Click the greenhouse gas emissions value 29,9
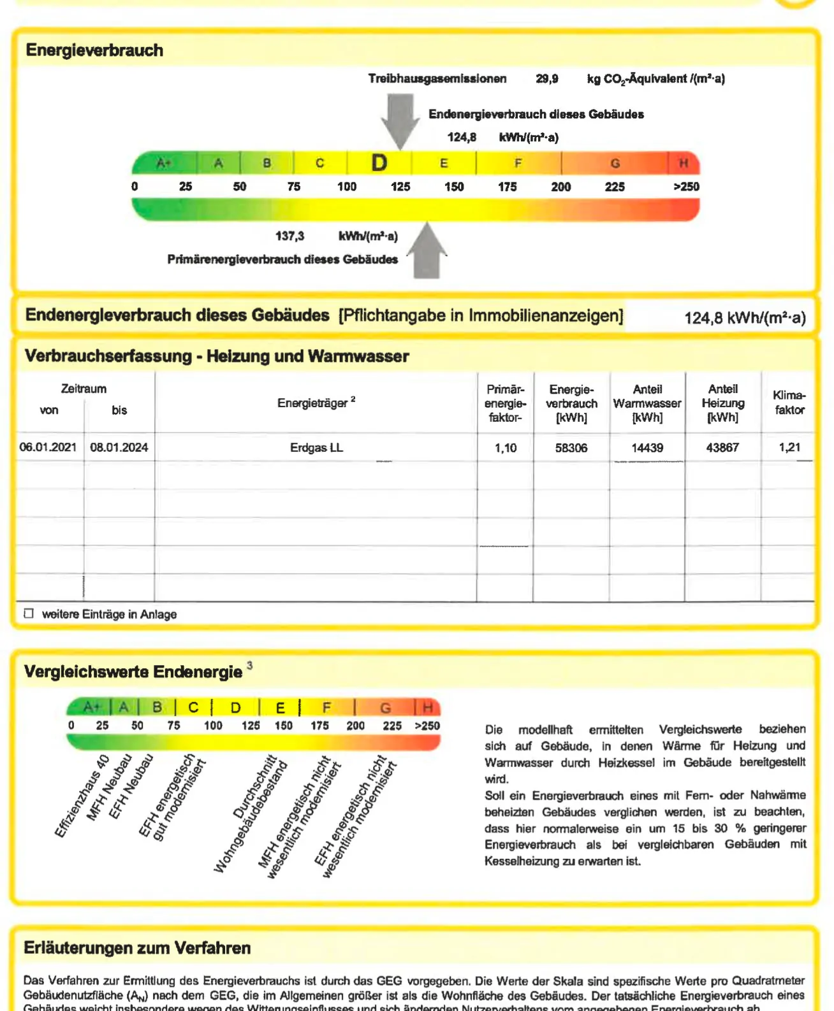click(x=546, y=79)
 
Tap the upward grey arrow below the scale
click(x=427, y=251)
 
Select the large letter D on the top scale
click(x=379, y=163)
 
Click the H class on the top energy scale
click(x=683, y=164)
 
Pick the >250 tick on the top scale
click(x=686, y=187)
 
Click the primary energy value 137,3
click(x=289, y=236)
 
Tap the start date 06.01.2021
click(x=48, y=447)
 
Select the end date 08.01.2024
click(x=119, y=447)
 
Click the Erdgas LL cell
click(x=316, y=448)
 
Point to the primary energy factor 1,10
click(x=506, y=448)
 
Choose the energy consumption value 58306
click(x=571, y=448)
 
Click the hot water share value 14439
click(x=647, y=448)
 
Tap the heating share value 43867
click(x=722, y=448)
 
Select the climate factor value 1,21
click(x=789, y=447)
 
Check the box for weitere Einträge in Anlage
click(x=29, y=613)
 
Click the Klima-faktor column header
click(x=789, y=403)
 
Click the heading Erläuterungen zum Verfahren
click(x=137, y=948)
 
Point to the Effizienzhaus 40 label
click(x=82, y=796)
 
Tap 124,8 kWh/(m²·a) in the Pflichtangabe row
click(x=745, y=317)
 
